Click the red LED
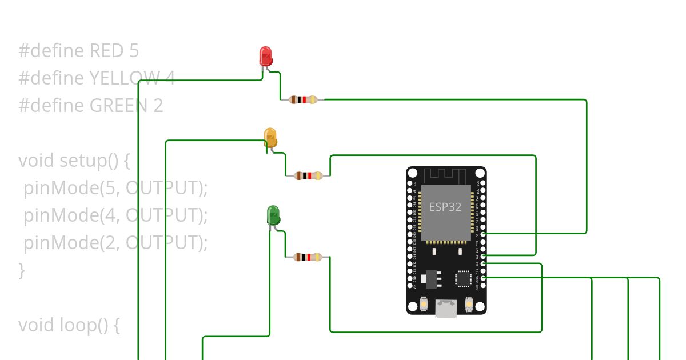click(265, 56)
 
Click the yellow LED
click(270, 138)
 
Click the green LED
click(273, 215)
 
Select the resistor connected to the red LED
click(303, 100)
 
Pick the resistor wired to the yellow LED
click(308, 175)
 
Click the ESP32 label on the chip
click(445, 207)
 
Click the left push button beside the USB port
click(424, 305)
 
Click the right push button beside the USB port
click(469, 305)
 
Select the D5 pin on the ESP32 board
click(483, 234)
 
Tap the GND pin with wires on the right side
click(483, 278)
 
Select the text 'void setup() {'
click(74, 161)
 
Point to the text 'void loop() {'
click(69, 325)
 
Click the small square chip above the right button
click(463, 278)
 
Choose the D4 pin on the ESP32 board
click(483, 256)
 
